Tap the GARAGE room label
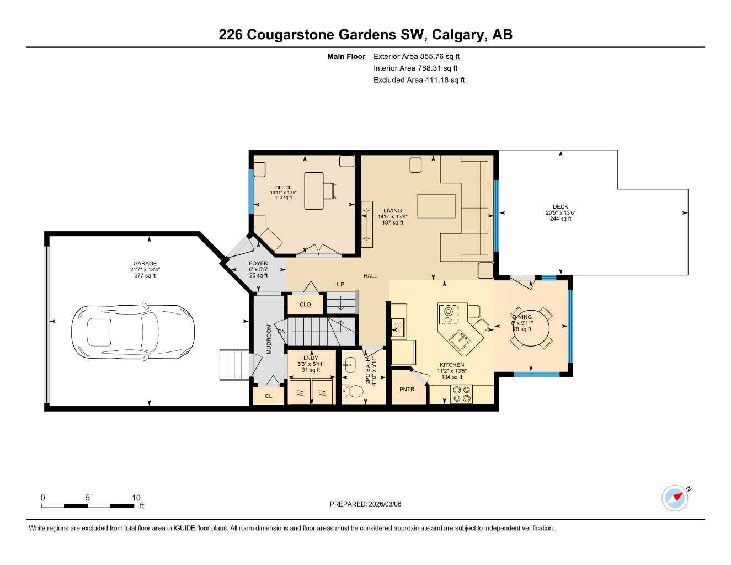145,264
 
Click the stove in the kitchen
462,394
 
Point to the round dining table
530,328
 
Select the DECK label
561,207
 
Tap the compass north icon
675,498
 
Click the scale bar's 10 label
136,498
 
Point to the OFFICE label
284,188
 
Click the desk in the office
314,190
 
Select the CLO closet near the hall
305,305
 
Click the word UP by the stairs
340,285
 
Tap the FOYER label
258,264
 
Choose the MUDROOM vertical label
269,339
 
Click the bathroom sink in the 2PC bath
349,363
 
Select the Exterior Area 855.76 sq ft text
417,56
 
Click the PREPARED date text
365,504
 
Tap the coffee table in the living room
436,206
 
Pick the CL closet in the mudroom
269,396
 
